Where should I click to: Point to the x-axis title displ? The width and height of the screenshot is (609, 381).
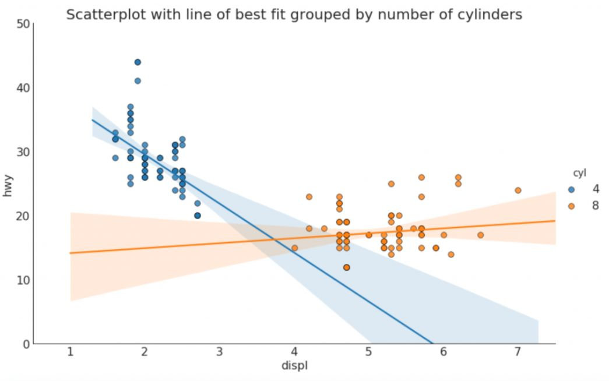[x=294, y=366]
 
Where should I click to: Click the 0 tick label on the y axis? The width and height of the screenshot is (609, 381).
[x=26, y=344]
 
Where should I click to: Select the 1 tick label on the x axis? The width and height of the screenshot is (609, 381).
[x=71, y=352]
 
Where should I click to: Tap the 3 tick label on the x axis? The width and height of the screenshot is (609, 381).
[x=219, y=352]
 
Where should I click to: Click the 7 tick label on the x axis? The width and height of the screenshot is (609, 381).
[x=518, y=352]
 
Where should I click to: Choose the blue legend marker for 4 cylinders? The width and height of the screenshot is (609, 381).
[x=571, y=189]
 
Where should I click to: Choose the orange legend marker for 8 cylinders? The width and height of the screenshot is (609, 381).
[x=571, y=206]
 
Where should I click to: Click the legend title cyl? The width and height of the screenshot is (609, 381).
[x=579, y=173]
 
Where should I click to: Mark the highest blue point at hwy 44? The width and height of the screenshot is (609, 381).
[x=138, y=62]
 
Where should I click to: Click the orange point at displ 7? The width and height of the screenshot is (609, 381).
[x=518, y=190]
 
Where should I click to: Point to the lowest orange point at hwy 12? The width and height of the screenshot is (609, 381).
[x=347, y=267]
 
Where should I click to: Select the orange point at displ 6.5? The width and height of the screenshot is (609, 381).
[x=480, y=235]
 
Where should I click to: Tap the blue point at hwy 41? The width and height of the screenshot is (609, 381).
[x=138, y=81]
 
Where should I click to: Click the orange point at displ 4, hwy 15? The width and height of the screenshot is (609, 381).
[x=294, y=248]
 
